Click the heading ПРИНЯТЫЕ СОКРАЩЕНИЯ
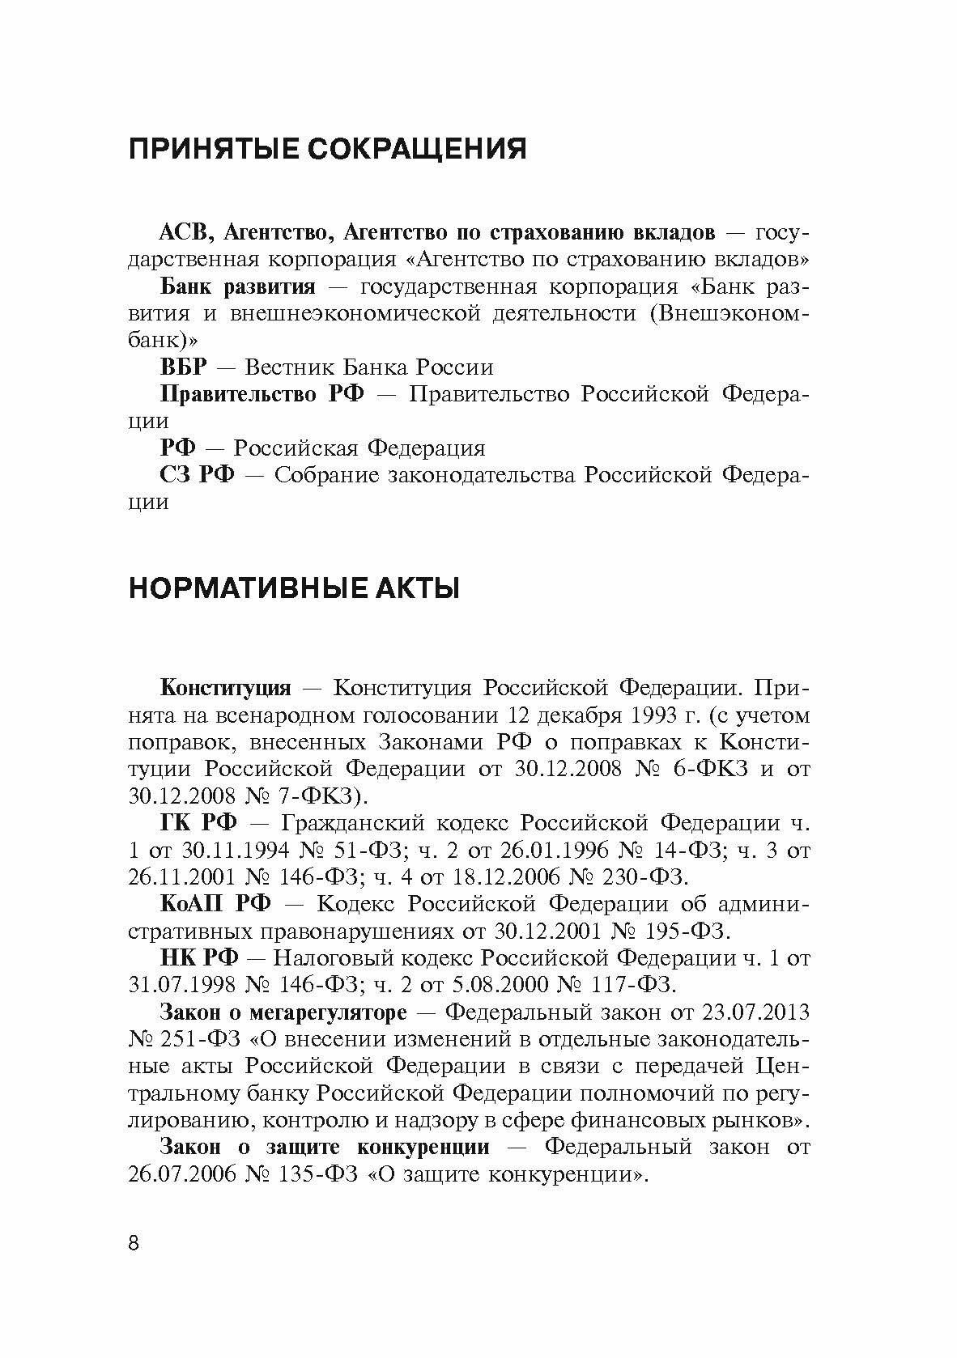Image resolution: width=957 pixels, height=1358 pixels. coord(328,150)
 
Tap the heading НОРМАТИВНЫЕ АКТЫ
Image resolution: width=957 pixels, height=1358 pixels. coord(294,588)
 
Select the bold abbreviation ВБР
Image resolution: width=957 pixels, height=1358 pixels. coord(184,367)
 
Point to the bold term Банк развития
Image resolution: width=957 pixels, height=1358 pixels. coord(237,287)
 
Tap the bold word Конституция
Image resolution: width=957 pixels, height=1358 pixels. coord(225,689)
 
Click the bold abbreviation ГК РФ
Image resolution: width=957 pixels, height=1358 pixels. coord(198,824)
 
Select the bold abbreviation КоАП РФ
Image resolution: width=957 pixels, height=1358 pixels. coord(216,904)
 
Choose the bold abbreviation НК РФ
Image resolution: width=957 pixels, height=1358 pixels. coord(199,958)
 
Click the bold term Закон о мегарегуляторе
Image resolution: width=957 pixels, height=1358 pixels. coord(283,1012)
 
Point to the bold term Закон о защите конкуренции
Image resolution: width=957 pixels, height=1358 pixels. coord(325,1148)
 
